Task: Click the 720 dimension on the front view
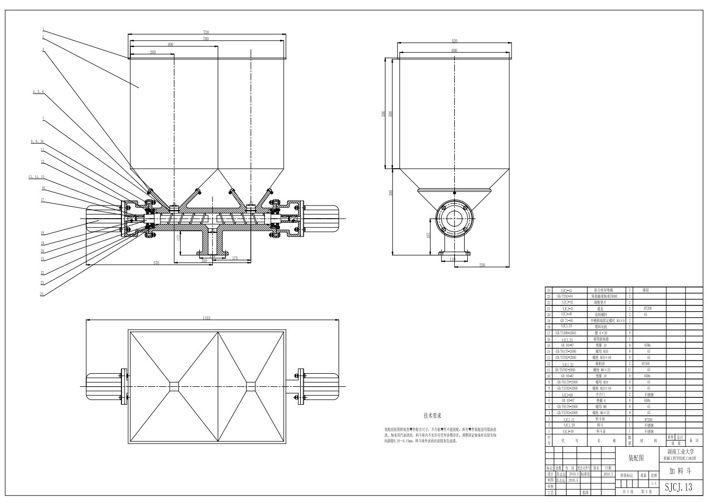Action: pyautogui.click(x=206, y=33)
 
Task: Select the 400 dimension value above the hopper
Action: pyautogui.click(x=170, y=45)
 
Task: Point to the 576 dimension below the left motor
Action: pyautogui.click(x=156, y=263)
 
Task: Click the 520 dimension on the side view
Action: pyautogui.click(x=454, y=40)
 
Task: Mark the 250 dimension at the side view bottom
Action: pyautogui.click(x=482, y=265)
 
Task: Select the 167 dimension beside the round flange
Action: pyautogui.click(x=429, y=235)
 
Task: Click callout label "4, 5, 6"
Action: pyautogui.click(x=38, y=92)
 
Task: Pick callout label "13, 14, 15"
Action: pyautogui.click(x=36, y=177)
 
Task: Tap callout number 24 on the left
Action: pyautogui.click(x=42, y=294)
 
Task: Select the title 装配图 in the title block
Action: pyautogui.click(x=637, y=458)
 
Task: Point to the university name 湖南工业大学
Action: pyautogui.click(x=681, y=451)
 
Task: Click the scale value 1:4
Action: pyautogui.click(x=653, y=484)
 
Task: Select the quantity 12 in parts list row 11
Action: pyautogui.click(x=629, y=369)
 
